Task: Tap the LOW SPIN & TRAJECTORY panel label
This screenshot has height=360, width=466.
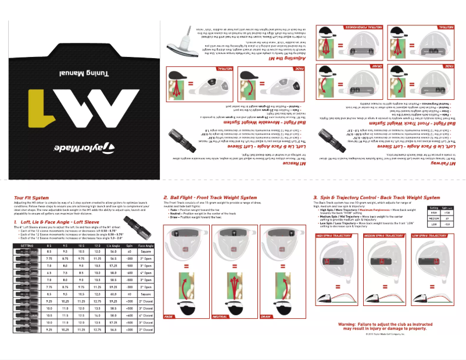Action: pos(429,236)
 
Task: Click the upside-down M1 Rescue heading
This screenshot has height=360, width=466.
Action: pos(296,164)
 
